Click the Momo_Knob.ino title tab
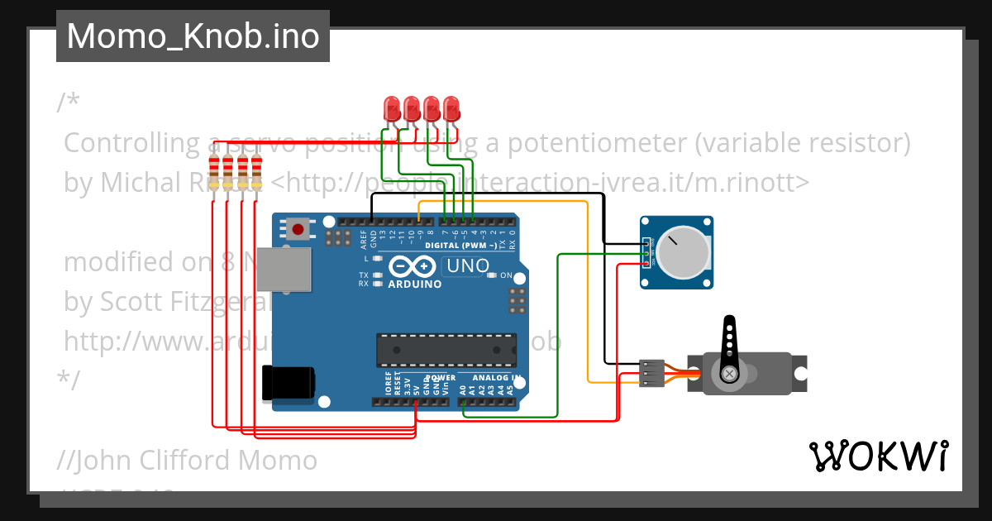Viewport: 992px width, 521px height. coord(193,36)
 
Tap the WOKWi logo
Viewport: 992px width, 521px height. coord(877,456)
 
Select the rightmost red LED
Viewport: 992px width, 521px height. coord(451,108)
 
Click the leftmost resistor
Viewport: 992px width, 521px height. coord(216,172)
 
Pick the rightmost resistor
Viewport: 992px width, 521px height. coord(256,172)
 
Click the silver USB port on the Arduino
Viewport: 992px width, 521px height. coord(284,269)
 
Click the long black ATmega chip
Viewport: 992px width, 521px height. coord(447,350)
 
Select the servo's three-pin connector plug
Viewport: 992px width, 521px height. coord(652,374)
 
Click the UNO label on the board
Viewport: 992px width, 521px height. coord(466,266)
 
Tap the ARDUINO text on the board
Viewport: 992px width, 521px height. coord(414,284)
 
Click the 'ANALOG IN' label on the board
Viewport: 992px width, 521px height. coord(496,378)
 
